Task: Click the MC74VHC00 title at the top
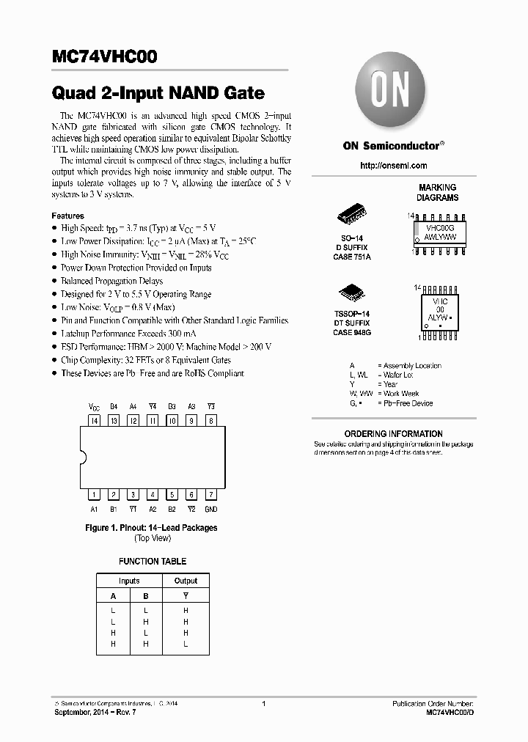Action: (x=104, y=57)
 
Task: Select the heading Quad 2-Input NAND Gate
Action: (x=158, y=94)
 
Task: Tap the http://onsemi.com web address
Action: (x=393, y=166)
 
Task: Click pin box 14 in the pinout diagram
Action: (x=94, y=421)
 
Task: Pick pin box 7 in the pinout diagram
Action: (x=210, y=495)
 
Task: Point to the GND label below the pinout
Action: (x=210, y=509)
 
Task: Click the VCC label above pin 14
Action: (x=94, y=406)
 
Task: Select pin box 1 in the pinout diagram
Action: (x=94, y=495)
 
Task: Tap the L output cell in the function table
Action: (x=186, y=643)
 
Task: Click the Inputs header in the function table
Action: (x=129, y=581)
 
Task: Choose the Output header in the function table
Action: (x=186, y=581)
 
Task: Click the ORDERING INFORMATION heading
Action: (x=393, y=433)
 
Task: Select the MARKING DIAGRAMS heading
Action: (x=438, y=192)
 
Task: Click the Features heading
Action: (x=67, y=216)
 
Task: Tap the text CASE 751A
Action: (x=353, y=257)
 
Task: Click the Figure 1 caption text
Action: (x=152, y=528)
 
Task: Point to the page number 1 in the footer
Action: (x=263, y=704)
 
